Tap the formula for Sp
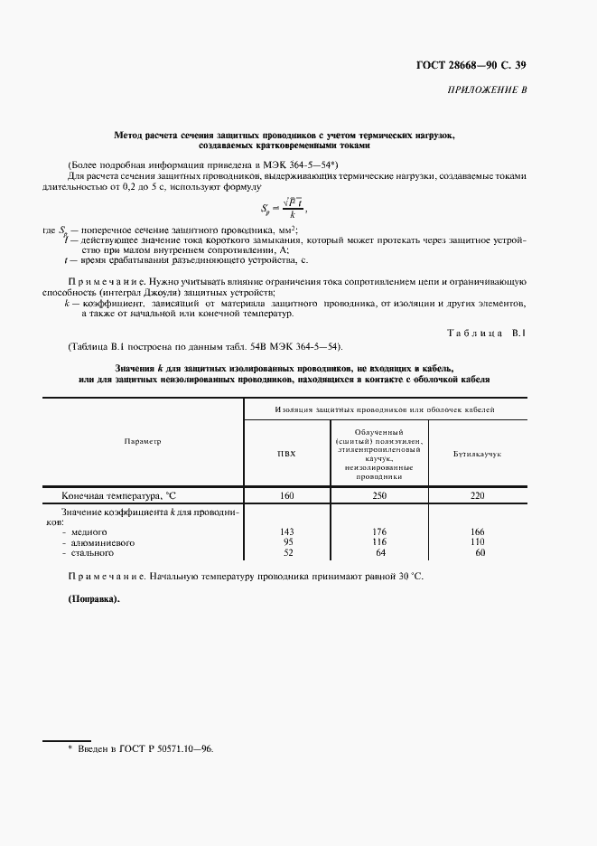point(281,210)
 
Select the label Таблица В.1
point(485,334)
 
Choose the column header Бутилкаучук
point(477,452)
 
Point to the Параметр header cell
point(143,441)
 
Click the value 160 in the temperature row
point(286,495)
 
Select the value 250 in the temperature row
point(380,495)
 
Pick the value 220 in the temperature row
point(478,495)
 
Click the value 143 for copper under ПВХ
point(288,531)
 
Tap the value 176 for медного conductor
point(380,531)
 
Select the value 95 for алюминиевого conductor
point(289,541)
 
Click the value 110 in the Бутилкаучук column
point(478,541)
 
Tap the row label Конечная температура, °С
point(117,495)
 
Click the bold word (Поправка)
point(93,599)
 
